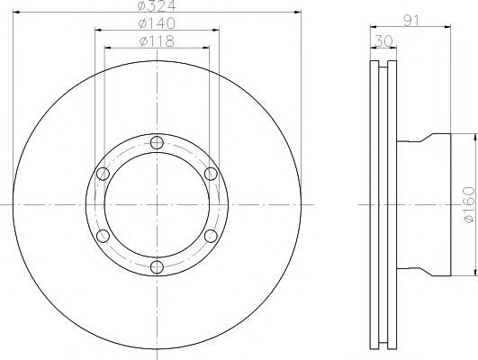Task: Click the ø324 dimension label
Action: click(x=157, y=5)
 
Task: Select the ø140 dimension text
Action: click(x=157, y=23)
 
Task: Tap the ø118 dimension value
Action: click(x=157, y=41)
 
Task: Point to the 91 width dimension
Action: click(x=411, y=20)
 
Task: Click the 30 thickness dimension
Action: click(x=383, y=41)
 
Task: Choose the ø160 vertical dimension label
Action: click(x=469, y=205)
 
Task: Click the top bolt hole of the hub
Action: click(x=157, y=142)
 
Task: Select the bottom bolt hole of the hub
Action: click(x=157, y=267)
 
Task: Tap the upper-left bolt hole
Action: click(x=103, y=174)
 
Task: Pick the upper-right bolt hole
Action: click(x=211, y=174)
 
